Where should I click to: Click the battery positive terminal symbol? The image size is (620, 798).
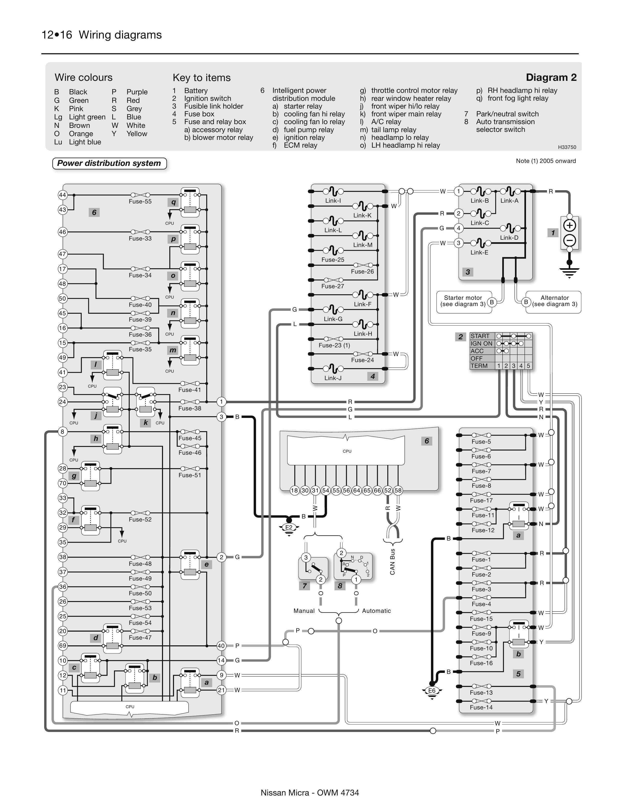pyautogui.click(x=569, y=225)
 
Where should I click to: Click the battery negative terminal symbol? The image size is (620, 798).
pyautogui.click(x=569, y=240)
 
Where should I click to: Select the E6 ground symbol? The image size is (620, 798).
pyautogui.click(x=432, y=691)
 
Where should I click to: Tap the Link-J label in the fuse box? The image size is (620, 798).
pyautogui.click(x=333, y=378)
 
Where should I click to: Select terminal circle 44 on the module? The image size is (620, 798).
pyautogui.click(x=62, y=195)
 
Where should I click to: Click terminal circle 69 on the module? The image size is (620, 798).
pyautogui.click(x=62, y=646)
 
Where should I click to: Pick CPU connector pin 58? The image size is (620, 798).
pyautogui.click(x=398, y=490)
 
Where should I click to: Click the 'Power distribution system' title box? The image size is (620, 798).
pyautogui.click(x=109, y=163)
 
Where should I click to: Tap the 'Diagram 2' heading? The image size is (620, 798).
pyautogui.click(x=551, y=78)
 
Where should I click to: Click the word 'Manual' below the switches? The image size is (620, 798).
pyautogui.click(x=304, y=611)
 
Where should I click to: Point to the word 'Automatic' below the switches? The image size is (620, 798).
pyautogui.click(x=376, y=611)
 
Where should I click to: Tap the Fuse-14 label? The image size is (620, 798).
pyautogui.click(x=481, y=707)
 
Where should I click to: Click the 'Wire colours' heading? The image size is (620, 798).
pyautogui.click(x=83, y=78)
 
